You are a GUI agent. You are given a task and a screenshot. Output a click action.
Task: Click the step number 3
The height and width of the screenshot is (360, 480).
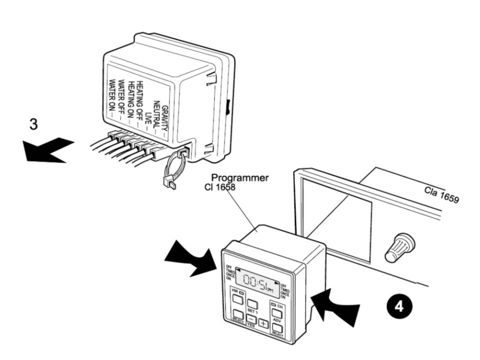tap(33, 124)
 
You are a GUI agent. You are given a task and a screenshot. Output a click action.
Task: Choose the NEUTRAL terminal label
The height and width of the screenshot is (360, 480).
tap(156, 114)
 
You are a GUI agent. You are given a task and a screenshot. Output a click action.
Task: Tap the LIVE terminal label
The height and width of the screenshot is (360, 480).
tap(148, 118)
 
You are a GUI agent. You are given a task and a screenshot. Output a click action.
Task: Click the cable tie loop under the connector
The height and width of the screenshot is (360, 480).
tap(172, 172)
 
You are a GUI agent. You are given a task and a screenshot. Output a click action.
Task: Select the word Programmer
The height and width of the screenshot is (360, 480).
tap(239, 177)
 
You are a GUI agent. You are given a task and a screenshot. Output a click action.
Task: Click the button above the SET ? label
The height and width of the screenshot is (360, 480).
tap(253, 303)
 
